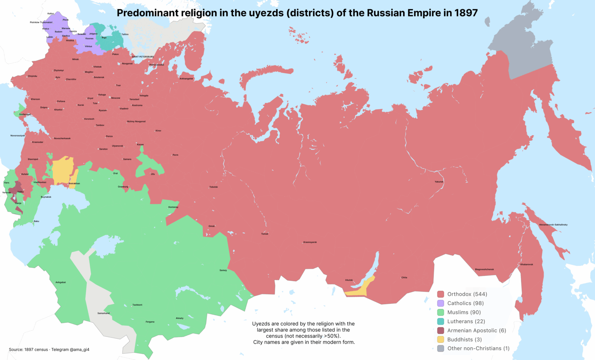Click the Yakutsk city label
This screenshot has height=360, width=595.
(x=439, y=182)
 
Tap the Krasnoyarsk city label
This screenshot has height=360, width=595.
(x=310, y=242)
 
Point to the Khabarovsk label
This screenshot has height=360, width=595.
(x=526, y=264)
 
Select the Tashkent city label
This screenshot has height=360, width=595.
(x=137, y=305)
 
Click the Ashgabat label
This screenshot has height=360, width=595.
(x=60, y=282)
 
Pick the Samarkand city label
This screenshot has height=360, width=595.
(x=103, y=313)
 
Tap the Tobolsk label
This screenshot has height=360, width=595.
(x=213, y=187)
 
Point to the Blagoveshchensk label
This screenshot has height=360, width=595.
(x=484, y=269)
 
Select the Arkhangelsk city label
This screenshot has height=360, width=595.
(x=186, y=79)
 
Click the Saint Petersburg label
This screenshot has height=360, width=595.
(x=143, y=57)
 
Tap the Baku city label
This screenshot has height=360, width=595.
(x=36, y=221)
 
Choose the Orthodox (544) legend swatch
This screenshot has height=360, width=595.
(x=440, y=294)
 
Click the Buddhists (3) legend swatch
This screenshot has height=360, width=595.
(x=440, y=339)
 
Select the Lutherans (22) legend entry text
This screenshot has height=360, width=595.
(x=466, y=321)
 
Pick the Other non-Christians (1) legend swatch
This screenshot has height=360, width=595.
(x=440, y=348)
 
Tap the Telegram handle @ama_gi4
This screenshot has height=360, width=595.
(x=79, y=350)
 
